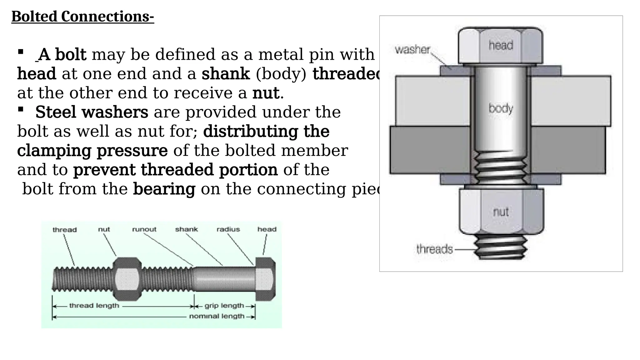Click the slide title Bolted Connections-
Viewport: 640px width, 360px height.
coord(82,17)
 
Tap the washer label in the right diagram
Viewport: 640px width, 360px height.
coord(412,50)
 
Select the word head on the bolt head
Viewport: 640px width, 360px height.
coord(501,46)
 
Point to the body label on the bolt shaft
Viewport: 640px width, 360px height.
coord(501,108)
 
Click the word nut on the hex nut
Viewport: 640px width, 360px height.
coord(501,212)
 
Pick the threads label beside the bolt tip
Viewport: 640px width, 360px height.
coord(434,249)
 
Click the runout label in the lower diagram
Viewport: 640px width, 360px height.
coord(144,229)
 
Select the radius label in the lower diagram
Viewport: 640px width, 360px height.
coord(228,229)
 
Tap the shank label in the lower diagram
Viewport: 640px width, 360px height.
coord(186,229)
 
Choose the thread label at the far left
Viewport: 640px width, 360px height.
coord(64,230)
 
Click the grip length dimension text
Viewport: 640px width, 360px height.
coord(224,306)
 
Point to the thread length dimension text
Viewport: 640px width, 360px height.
coord(94,306)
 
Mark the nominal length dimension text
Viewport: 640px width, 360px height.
coord(217,316)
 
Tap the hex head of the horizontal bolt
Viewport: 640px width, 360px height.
coord(266,279)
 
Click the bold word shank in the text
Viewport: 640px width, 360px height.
coord(226,74)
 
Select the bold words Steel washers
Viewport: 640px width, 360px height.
coord(92,112)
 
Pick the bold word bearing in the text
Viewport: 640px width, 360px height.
coord(164,189)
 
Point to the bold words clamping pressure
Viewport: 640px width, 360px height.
coord(92,151)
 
